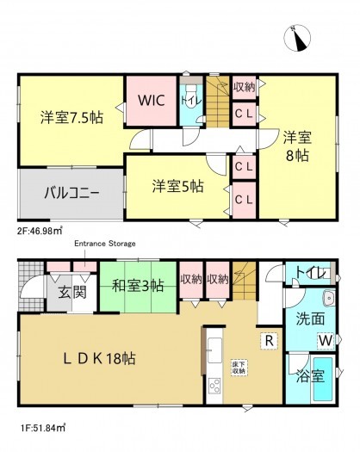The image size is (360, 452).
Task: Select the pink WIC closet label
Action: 152,100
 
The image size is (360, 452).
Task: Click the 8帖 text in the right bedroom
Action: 298,156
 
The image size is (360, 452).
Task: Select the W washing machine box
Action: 324,342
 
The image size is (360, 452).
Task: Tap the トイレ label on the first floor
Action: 311,273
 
